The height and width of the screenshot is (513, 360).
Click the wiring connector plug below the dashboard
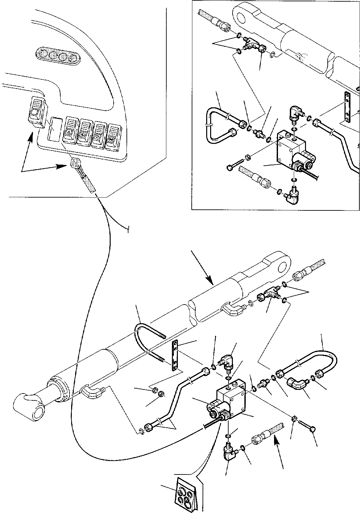[75, 162]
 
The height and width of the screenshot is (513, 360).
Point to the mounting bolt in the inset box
[235, 163]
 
